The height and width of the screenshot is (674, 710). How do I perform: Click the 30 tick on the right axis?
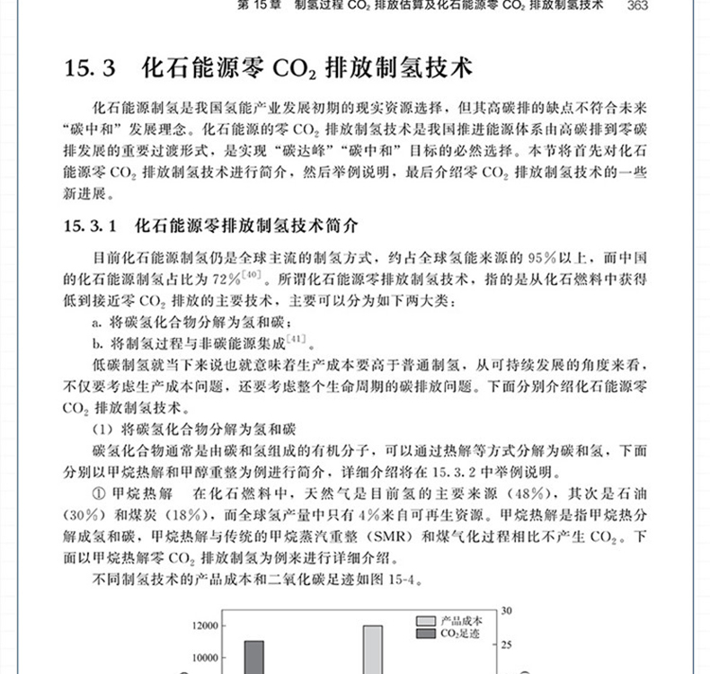point(507,611)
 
